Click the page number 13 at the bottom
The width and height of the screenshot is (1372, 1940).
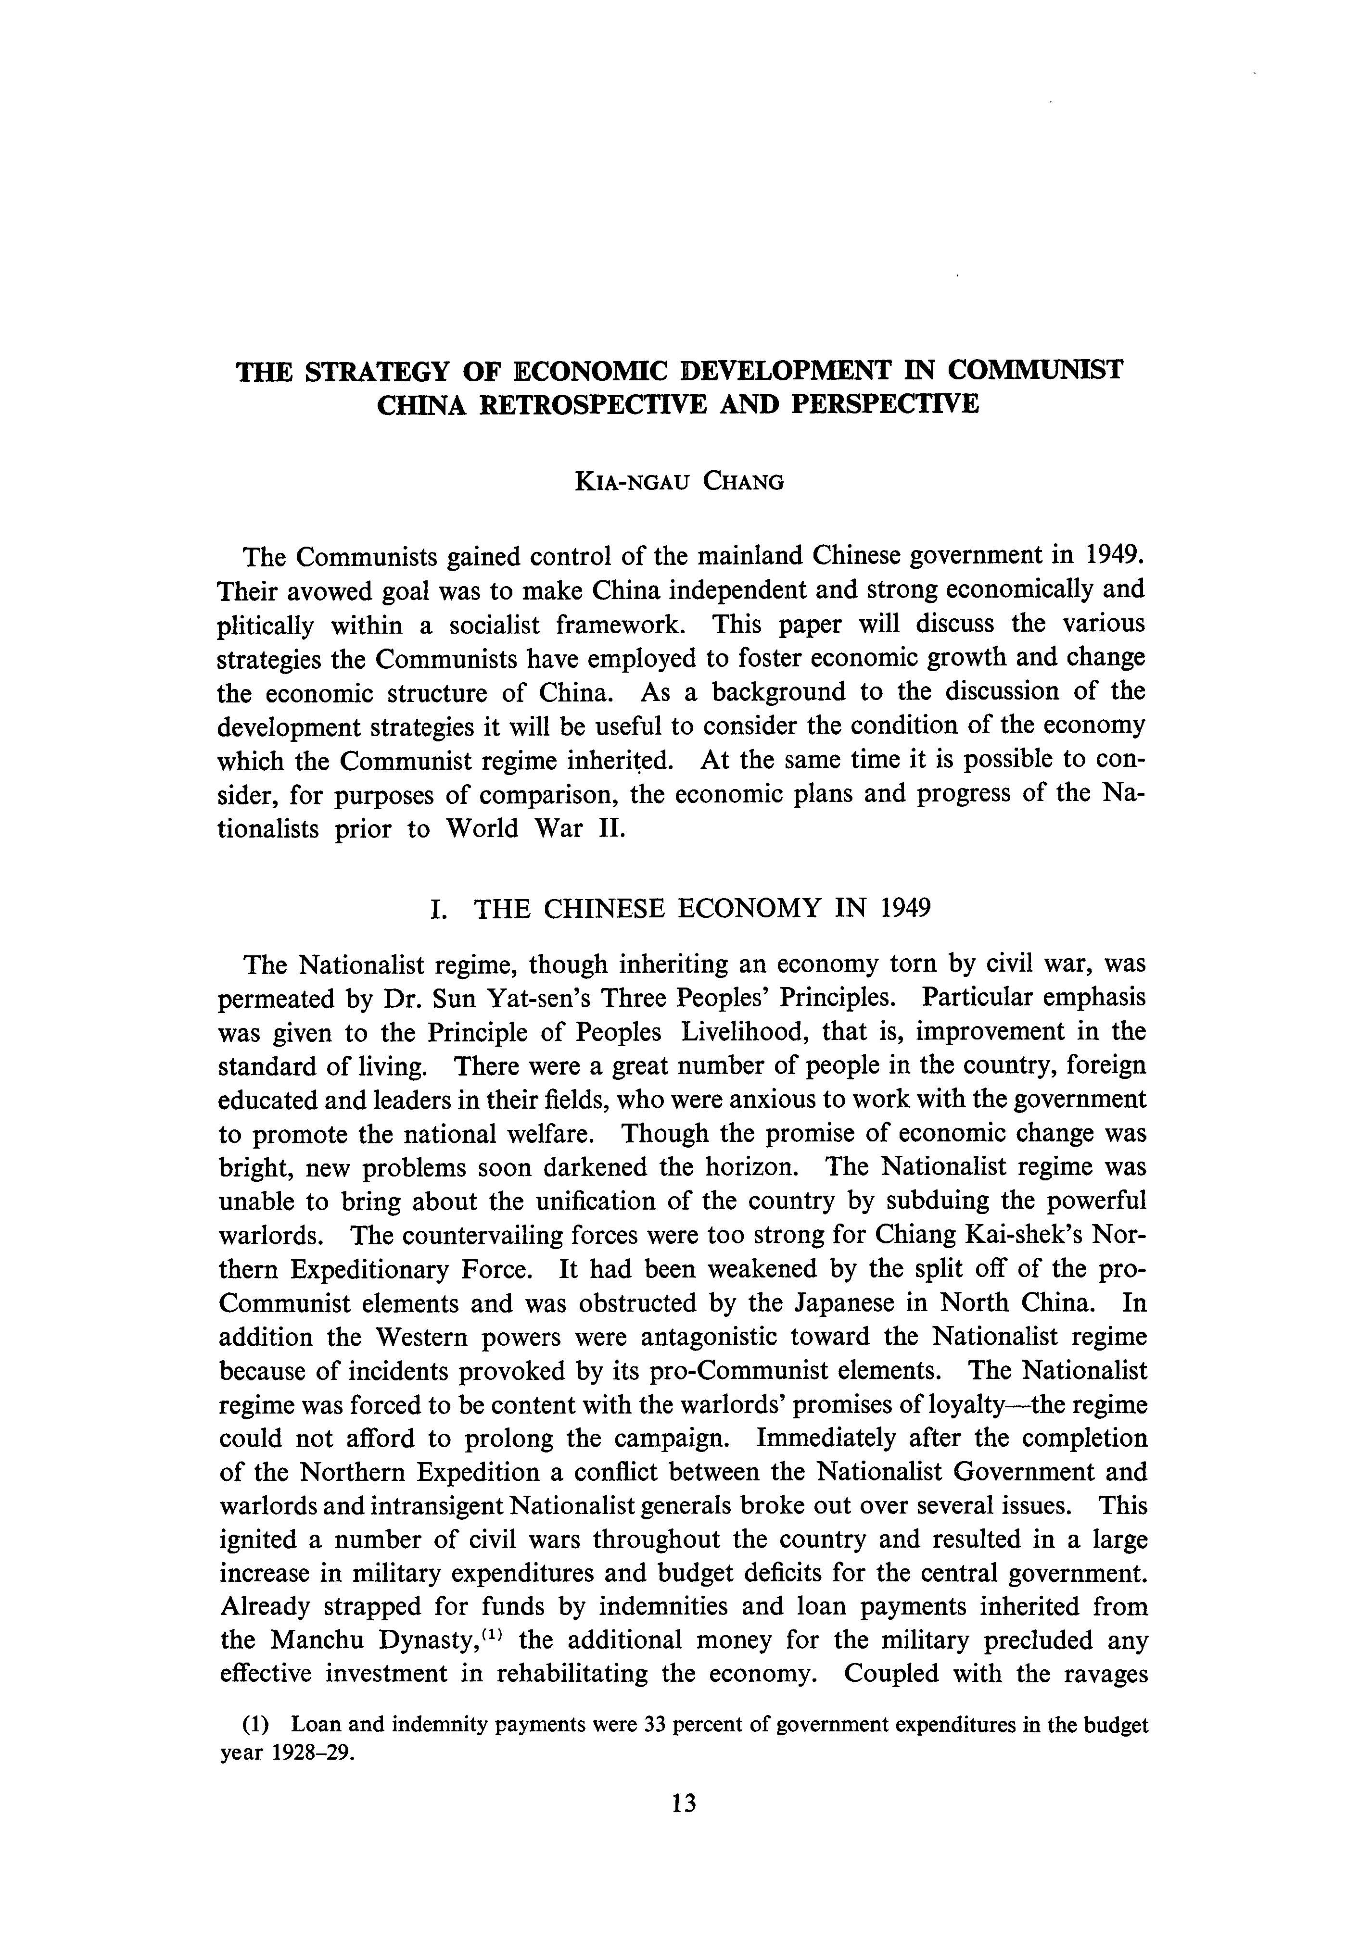pyautogui.click(x=684, y=1827)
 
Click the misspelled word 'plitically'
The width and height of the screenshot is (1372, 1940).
pyautogui.click(x=267, y=625)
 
